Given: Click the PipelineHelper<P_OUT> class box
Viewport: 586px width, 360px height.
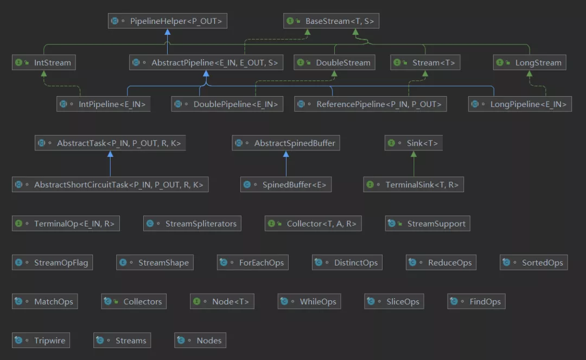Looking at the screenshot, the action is [x=167, y=21].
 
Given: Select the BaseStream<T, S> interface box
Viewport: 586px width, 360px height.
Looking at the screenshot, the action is [x=331, y=21].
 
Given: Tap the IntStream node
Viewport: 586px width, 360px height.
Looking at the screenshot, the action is [x=43, y=62].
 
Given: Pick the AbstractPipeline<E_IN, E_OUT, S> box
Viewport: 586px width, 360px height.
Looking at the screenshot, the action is [x=206, y=63].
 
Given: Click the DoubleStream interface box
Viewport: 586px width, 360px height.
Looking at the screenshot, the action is [x=334, y=62].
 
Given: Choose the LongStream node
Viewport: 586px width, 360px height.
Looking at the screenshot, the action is [x=530, y=62].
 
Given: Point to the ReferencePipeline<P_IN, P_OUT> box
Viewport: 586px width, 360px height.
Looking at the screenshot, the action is [x=370, y=104].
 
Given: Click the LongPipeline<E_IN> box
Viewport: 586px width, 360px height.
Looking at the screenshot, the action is [x=520, y=104].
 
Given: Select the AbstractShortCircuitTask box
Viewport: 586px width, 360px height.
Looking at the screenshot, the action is [x=110, y=185].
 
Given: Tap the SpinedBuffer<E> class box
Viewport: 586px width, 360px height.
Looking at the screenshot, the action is [x=286, y=185].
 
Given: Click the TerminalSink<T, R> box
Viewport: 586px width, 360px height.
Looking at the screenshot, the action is [x=413, y=185].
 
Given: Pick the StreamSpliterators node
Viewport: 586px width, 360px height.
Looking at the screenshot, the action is [x=193, y=223].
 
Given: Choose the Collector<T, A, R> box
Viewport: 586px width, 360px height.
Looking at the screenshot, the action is [x=313, y=223].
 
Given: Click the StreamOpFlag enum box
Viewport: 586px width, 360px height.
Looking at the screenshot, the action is [x=52, y=262].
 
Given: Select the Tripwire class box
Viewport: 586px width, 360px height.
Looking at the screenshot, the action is [x=41, y=340].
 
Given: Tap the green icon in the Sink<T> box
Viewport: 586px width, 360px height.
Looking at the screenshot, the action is [x=391, y=143].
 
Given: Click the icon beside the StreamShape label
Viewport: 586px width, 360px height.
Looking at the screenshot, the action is [x=124, y=263].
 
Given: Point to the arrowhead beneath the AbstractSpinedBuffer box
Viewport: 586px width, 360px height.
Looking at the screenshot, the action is [x=286, y=154].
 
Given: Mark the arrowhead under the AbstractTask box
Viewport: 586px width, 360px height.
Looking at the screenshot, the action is [x=110, y=154].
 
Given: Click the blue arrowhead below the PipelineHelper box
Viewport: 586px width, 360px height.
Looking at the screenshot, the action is [x=167, y=32].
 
